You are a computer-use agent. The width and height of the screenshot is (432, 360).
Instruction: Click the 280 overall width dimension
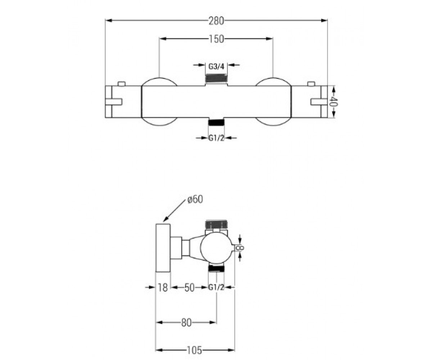[x=216, y=21]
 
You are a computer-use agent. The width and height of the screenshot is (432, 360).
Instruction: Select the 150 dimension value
[x=216, y=39]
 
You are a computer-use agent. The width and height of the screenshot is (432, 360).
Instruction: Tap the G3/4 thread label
[x=216, y=66]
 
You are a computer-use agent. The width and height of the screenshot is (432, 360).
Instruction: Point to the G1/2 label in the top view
[x=216, y=138]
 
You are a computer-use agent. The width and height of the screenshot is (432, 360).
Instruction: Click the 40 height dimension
[x=333, y=102]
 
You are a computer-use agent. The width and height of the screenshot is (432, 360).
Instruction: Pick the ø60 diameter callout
[x=195, y=200]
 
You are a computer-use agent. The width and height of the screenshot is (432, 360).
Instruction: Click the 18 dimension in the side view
[x=163, y=288]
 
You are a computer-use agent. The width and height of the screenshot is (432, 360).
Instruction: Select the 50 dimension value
[x=189, y=288]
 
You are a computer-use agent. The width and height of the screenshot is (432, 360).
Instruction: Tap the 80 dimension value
[x=186, y=323]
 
